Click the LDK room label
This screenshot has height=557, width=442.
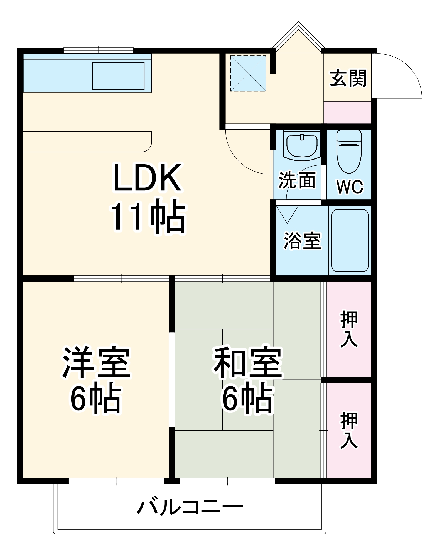147,178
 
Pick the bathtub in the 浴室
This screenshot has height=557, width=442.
350,241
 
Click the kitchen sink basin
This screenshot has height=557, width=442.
118,76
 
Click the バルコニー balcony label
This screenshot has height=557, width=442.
190,507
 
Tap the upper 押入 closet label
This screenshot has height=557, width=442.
349,329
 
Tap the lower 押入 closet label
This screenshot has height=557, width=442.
349,430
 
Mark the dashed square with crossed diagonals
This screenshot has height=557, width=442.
248,73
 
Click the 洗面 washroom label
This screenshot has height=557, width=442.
297,180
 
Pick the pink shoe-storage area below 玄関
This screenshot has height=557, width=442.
347,112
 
